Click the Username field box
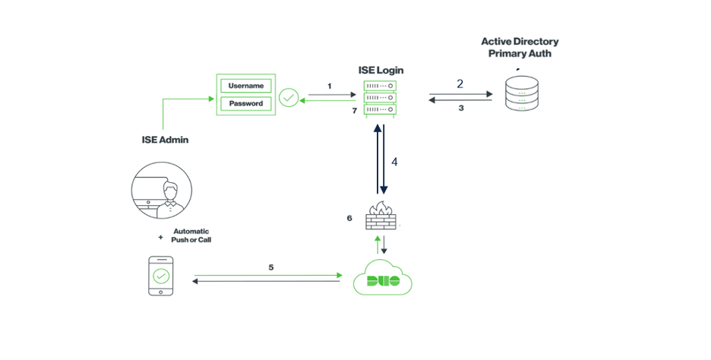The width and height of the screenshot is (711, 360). pos(245,86)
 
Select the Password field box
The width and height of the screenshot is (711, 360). pos(245,103)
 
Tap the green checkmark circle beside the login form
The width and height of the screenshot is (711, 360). pos(288,97)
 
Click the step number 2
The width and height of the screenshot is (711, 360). pos(460,84)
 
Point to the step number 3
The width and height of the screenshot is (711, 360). pos(460,109)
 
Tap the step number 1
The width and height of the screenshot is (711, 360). pos(330,87)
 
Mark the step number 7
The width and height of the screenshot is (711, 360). pos(354,111)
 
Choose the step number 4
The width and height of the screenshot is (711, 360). pos(394,162)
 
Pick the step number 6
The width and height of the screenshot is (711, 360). pos(349,218)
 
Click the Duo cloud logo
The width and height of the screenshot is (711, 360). pos(383,279)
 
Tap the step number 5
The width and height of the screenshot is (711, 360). pos(271,267)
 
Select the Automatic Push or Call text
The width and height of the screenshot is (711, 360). pos(191,235)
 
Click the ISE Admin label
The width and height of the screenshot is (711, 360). pos(164,139)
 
